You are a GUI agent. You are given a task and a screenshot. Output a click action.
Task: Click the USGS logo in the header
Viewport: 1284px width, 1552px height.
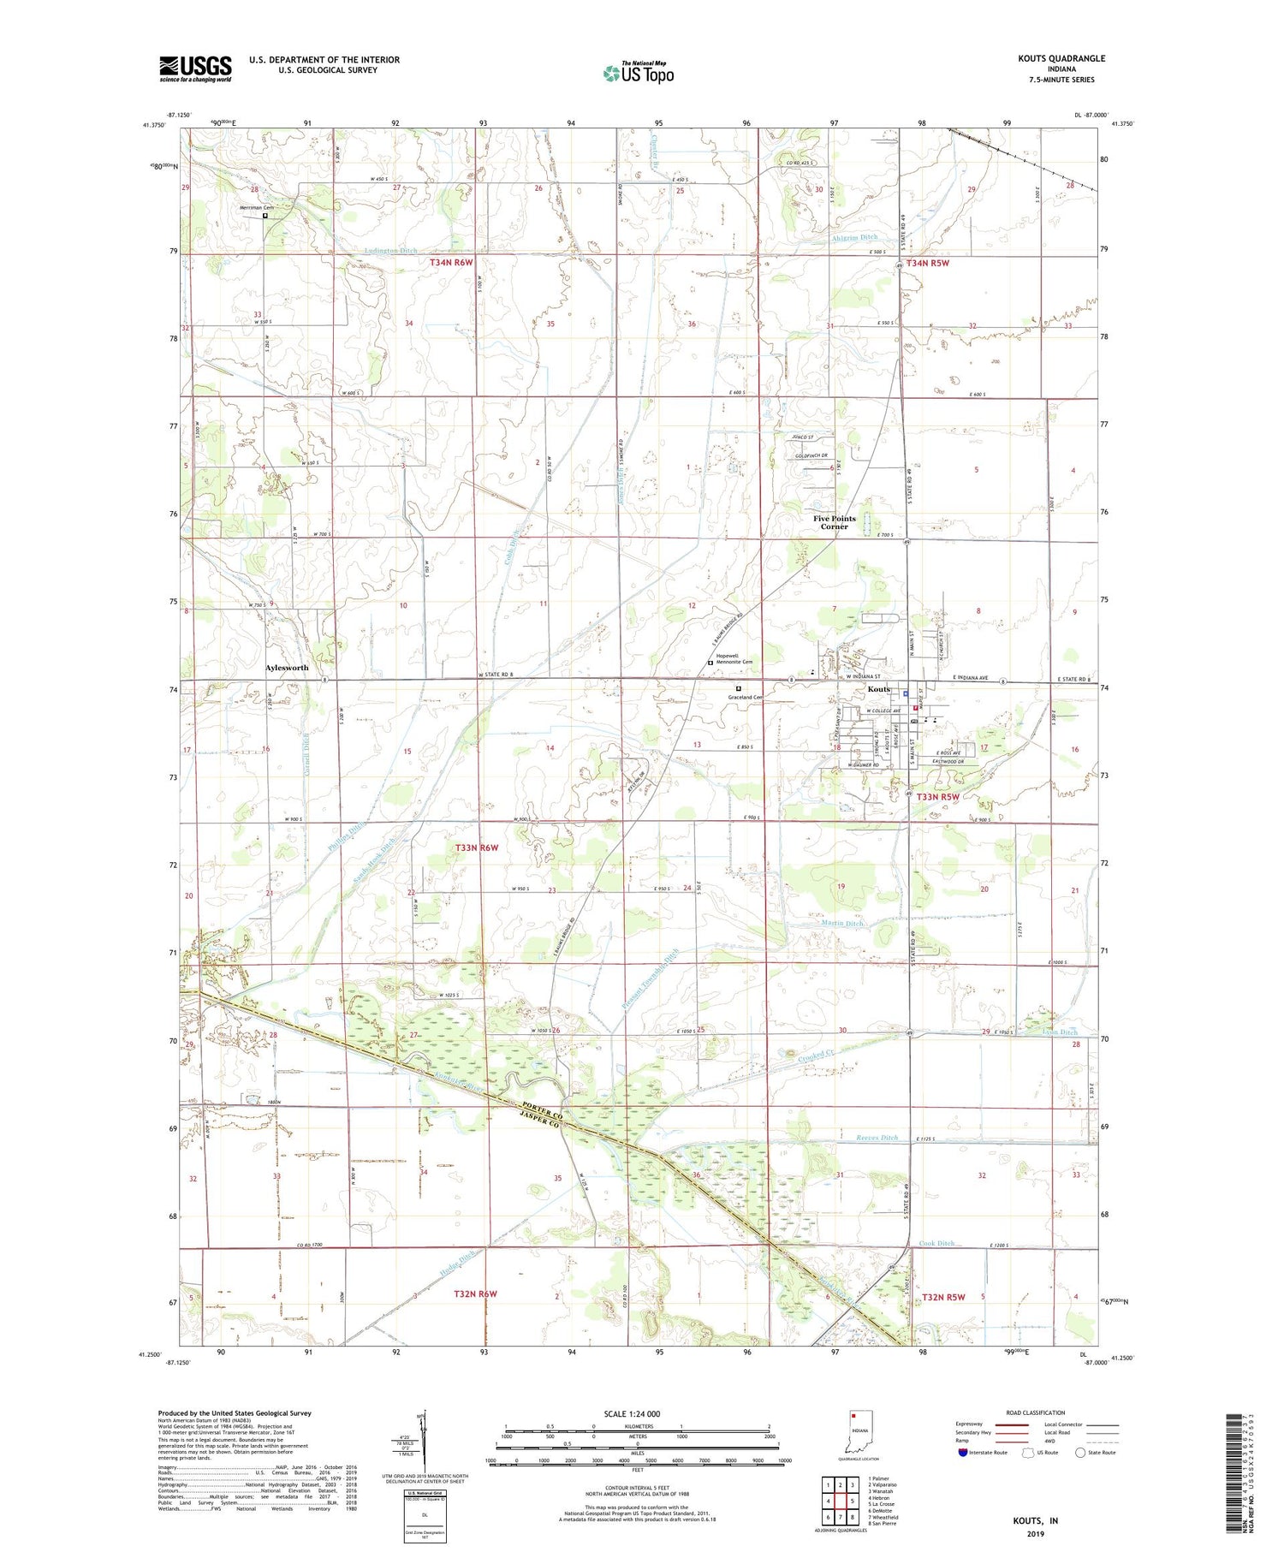tap(195, 68)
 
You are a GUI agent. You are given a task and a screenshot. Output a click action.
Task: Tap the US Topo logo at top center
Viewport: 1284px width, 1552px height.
tap(638, 74)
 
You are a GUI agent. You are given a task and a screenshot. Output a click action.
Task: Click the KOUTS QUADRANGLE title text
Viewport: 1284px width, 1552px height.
tap(1058, 58)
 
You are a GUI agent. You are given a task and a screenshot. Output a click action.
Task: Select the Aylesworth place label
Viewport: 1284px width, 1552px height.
tap(287, 668)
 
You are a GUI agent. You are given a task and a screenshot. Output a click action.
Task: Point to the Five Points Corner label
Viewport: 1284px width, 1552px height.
tap(834, 522)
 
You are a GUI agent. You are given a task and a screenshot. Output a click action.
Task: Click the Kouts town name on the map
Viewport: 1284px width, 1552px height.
tap(879, 689)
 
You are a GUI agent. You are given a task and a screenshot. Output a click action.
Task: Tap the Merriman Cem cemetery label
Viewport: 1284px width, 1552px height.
tap(257, 208)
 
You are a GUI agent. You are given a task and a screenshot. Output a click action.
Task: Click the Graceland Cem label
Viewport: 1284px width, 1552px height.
tap(746, 697)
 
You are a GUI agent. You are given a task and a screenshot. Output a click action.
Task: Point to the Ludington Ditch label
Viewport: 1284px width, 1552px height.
tap(390, 251)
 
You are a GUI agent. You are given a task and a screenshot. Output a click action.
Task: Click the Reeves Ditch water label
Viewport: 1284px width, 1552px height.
tap(877, 1138)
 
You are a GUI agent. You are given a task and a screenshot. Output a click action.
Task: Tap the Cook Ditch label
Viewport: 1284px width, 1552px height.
tap(936, 1243)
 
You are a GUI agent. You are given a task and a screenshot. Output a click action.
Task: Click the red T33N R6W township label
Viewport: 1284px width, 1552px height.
tap(477, 847)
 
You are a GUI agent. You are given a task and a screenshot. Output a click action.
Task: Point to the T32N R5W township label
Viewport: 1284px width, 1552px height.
tap(943, 1297)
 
